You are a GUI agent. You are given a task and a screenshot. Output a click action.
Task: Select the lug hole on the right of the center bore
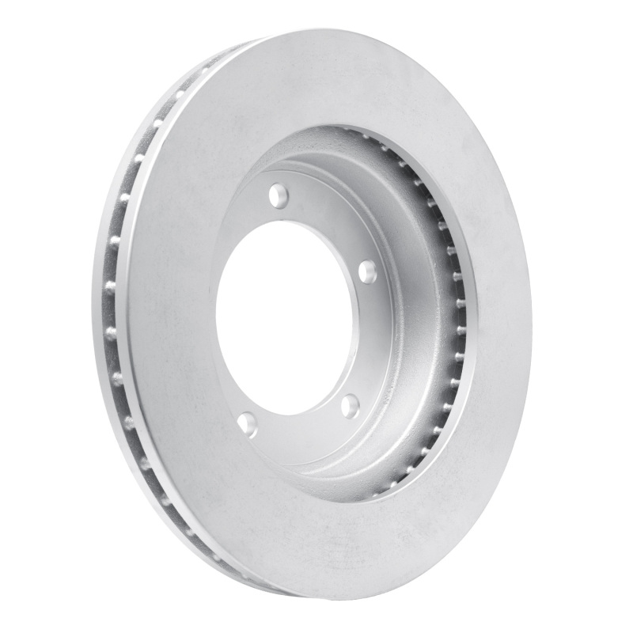tap(367, 272)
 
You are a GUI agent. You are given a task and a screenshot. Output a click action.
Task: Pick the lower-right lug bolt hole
tap(349, 406)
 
